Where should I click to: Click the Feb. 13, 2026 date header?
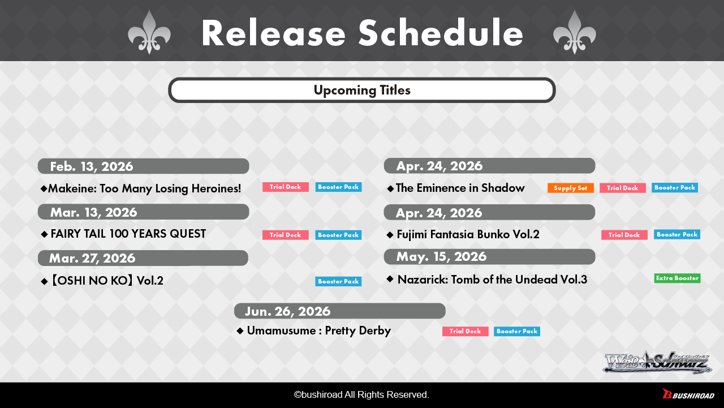point(143,166)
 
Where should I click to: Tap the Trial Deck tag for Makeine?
point(286,187)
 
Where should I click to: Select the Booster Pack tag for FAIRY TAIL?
point(338,235)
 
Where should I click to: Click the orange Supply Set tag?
point(571,188)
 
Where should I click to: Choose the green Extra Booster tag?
point(677,278)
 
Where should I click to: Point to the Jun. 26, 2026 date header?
point(340,311)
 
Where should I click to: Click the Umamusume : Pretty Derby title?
point(318,330)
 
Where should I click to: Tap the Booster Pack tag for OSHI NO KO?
point(338,281)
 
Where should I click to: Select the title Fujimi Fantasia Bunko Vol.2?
point(468,234)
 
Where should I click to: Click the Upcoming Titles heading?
point(362,90)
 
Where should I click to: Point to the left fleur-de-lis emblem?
point(149,32)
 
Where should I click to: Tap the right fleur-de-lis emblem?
point(574,32)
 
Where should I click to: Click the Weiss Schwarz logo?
point(657,362)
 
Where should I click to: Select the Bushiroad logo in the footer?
point(688,394)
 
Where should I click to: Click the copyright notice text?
point(361,395)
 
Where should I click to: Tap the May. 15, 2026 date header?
point(489,257)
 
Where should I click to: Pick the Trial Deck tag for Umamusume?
point(465,332)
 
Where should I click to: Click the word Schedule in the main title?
point(441,33)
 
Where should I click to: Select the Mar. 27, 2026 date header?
point(143,258)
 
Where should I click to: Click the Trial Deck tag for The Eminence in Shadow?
point(623,188)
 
